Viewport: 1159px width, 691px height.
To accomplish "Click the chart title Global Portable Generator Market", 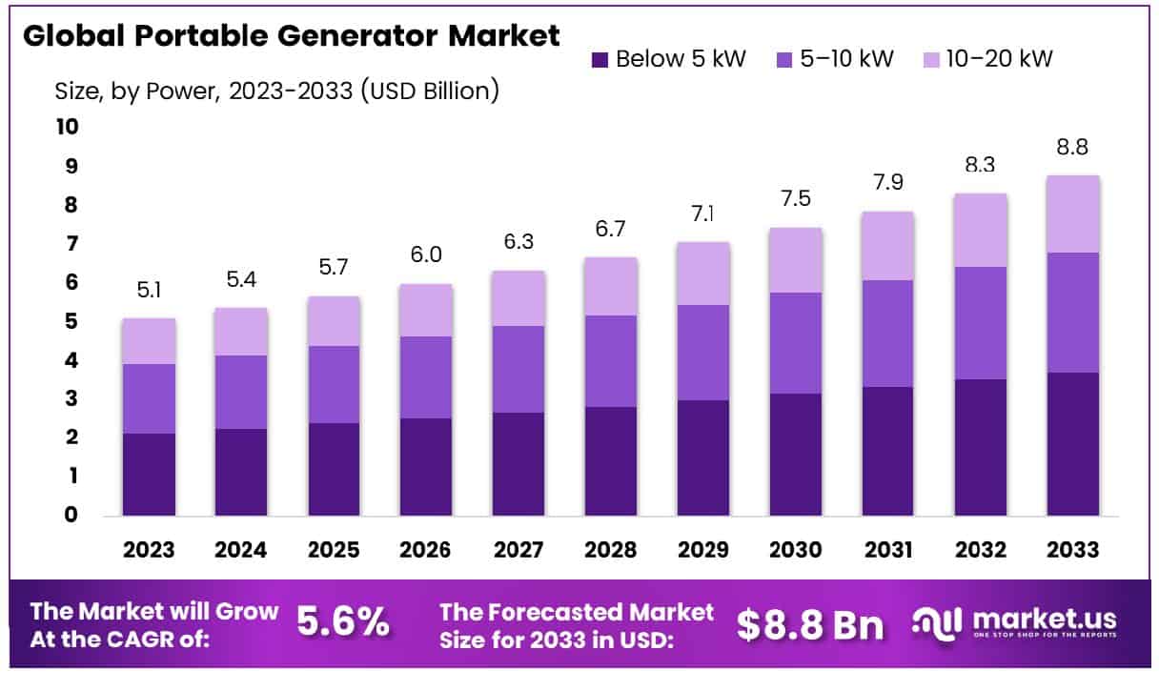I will click(x=291, y=36).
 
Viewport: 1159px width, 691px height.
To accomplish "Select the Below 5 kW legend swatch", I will click(x=600, y=59).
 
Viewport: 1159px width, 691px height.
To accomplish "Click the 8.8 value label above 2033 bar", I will click(x=1072, y=148).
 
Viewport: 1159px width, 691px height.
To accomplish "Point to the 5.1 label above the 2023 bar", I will click(x=149, y=290).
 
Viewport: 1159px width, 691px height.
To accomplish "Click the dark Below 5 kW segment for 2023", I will click(x=149, y=474).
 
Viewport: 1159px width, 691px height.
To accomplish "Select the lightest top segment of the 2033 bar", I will click(x=1072, y=213).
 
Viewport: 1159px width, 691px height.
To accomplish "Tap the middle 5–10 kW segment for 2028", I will click(x=611, y=360).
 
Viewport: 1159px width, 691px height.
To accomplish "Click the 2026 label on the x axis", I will click(x=426, y=550).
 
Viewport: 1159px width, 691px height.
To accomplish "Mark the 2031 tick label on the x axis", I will click(x=888, y=550).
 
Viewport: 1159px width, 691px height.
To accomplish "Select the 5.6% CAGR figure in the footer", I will click(x=343, y=623).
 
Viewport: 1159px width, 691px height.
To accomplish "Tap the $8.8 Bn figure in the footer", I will click(x=810, y=624).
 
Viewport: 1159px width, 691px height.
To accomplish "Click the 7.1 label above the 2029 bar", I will click(x=703, y=213).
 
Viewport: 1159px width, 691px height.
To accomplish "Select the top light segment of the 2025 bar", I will click(x=334, y=320).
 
